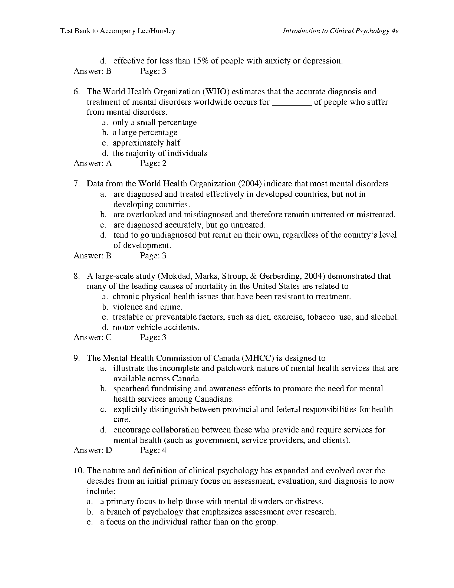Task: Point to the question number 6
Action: [x=76, y=92]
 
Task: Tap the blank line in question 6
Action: [x=292, y=102]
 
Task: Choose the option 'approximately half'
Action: [x=147, y=143]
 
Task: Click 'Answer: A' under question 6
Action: [x=93, y=163]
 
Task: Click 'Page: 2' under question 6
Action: [x=153, y=163]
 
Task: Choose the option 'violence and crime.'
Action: [x=147, y=307]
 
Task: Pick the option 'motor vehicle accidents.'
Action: [x=156, y=327]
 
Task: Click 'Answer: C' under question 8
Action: [x=93, y=337]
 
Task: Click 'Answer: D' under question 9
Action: [x=93, y=451]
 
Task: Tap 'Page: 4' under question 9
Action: [x=153, y=451]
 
